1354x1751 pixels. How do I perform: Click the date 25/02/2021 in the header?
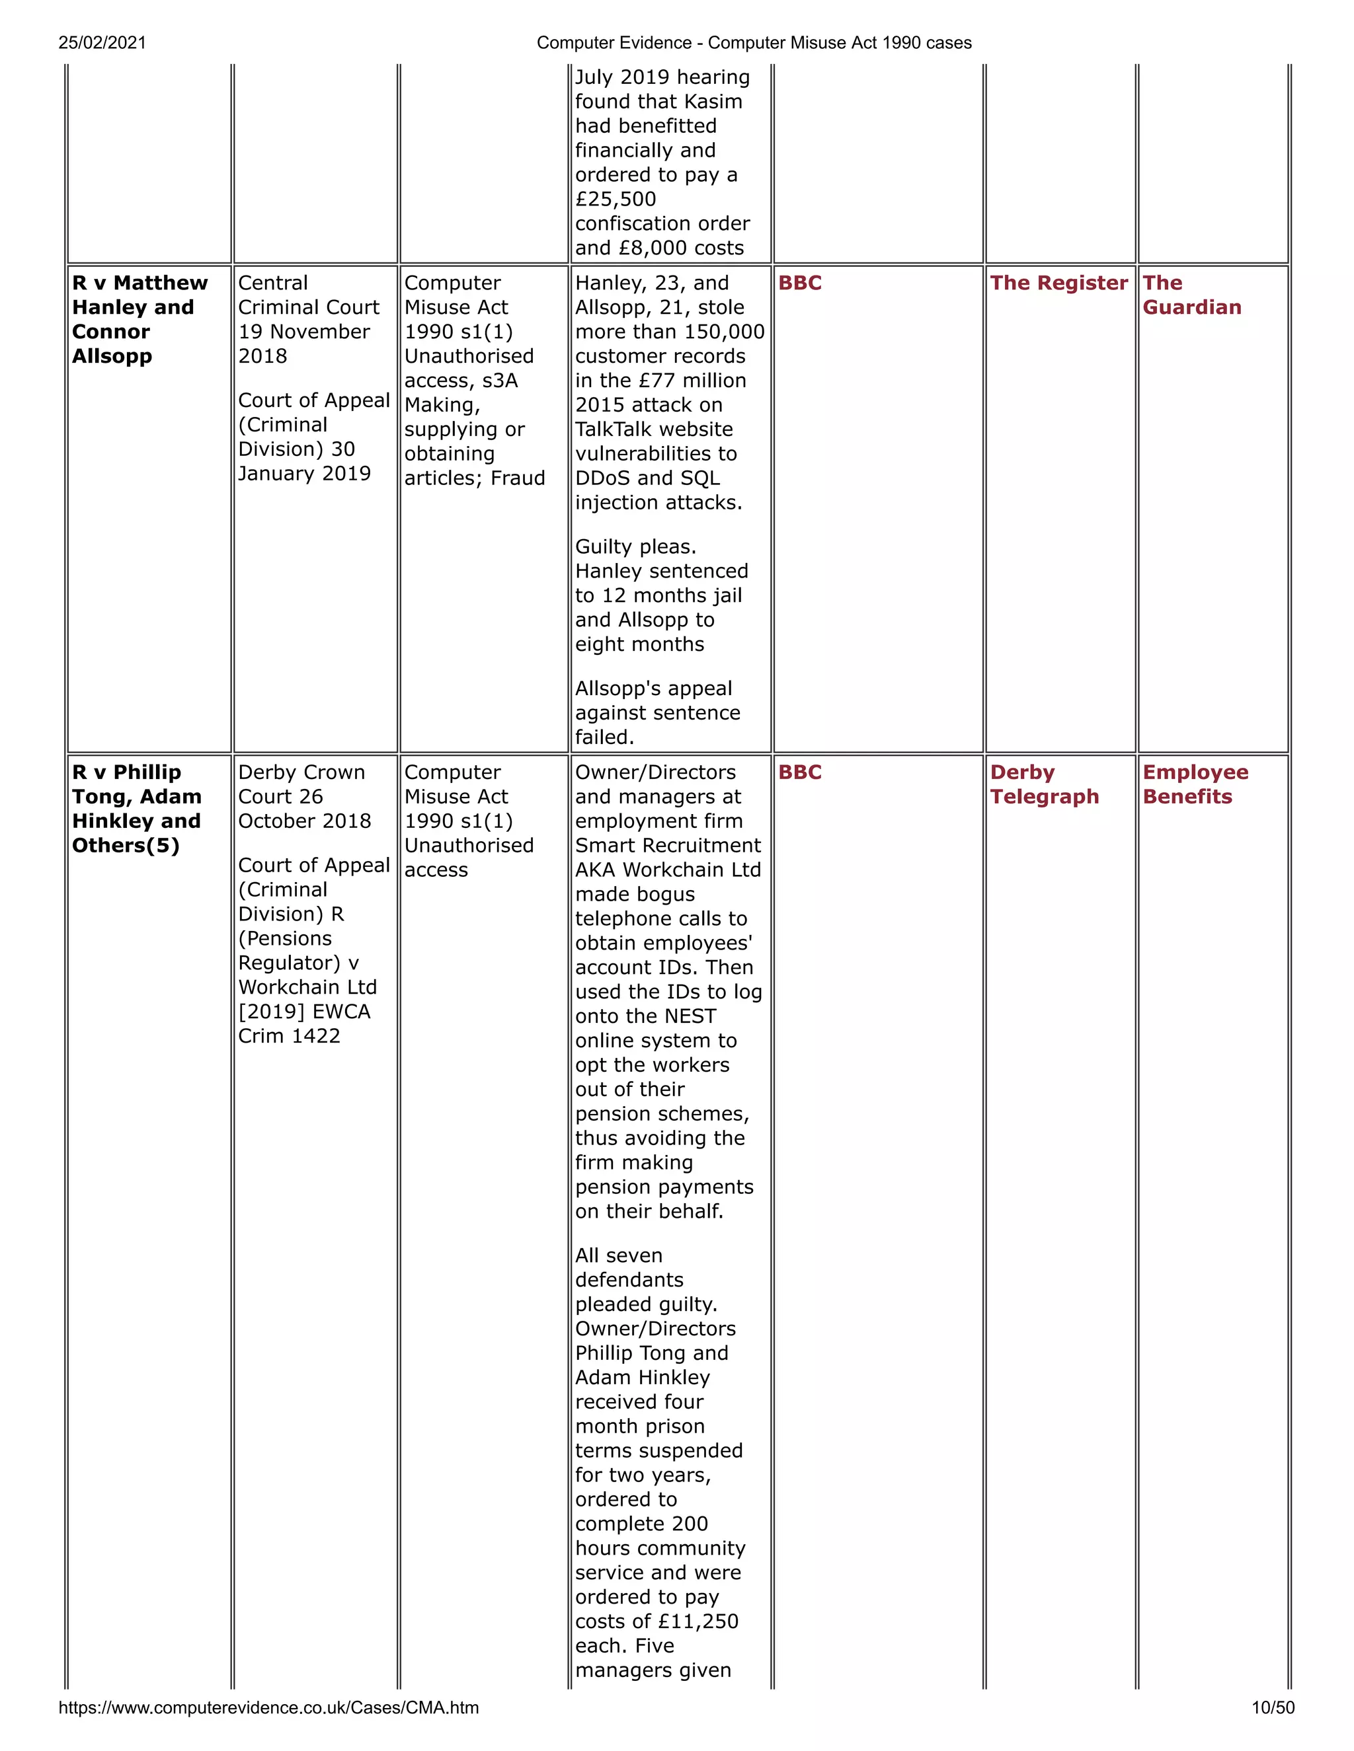click(x=102, y=42)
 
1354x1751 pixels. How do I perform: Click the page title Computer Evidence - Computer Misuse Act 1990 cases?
click(x=753, y=42)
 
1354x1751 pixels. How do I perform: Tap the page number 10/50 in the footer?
click(x=1272, y=1707)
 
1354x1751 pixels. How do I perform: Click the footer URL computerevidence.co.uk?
click(x=268, y=1707)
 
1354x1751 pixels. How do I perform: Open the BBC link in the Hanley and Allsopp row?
click(x=800, y=283)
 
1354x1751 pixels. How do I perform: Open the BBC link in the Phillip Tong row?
click(x=800, y=772)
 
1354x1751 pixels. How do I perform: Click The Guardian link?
click(x=1191, y=295)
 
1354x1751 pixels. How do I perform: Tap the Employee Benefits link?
click(x=1195, y=784)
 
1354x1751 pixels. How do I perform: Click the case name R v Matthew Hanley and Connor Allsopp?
click(x=139, y=319)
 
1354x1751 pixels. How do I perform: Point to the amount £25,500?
click(x=616, y=199)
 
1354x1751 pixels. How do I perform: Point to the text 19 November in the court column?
click(x=304, y=331)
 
